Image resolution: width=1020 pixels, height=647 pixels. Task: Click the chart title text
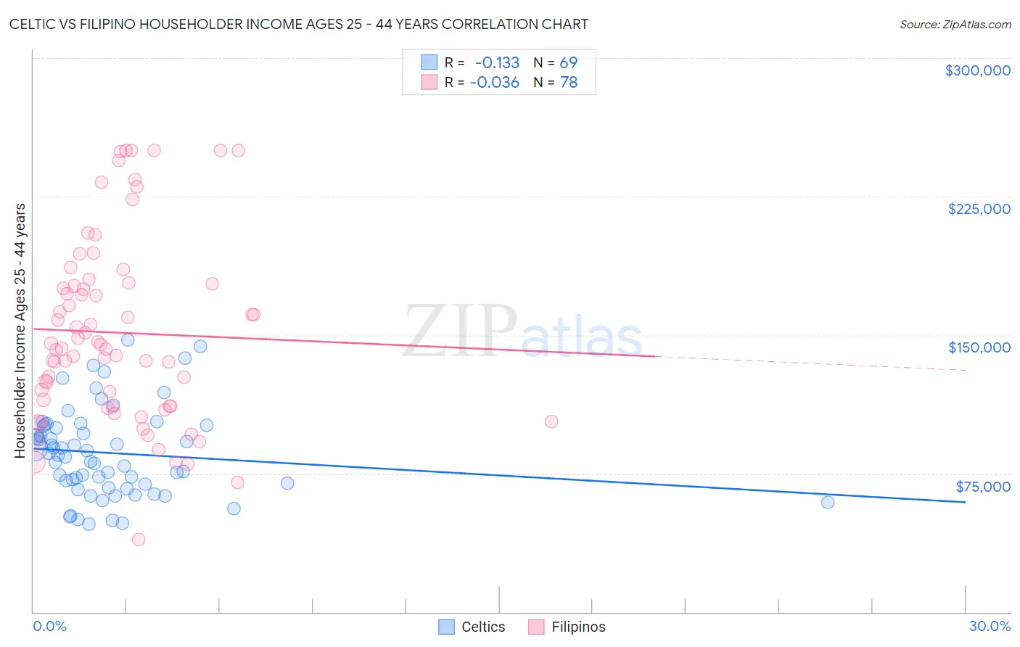(298, 24)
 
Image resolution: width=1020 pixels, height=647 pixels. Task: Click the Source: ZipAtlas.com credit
(955, 24)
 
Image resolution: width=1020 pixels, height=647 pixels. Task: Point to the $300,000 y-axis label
(977, 70)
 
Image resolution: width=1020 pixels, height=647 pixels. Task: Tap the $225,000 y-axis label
(979, 209)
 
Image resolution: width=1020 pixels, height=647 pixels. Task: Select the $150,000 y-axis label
(979, 347)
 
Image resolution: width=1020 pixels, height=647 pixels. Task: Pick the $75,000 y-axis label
(982, 487)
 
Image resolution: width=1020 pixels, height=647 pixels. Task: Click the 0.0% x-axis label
(49, 626)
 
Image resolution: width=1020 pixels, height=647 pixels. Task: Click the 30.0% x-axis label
(990, 626)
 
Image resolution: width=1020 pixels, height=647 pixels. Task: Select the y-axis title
(20, 331)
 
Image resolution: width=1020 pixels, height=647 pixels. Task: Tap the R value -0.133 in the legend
(497, 63)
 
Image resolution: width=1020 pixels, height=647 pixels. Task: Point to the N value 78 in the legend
(569, 83)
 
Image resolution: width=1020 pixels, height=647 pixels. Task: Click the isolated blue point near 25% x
(828, 502)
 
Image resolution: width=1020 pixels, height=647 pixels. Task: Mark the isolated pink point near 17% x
(551, 421)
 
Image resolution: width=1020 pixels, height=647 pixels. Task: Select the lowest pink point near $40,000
(139, 539)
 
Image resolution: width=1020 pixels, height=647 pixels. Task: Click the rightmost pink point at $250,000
(239, 151)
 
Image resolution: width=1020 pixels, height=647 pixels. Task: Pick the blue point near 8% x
(287, 483)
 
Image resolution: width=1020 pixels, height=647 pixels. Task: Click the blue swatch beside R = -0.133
(429, 63)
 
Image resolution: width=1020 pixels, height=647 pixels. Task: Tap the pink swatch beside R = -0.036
(429, 83)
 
